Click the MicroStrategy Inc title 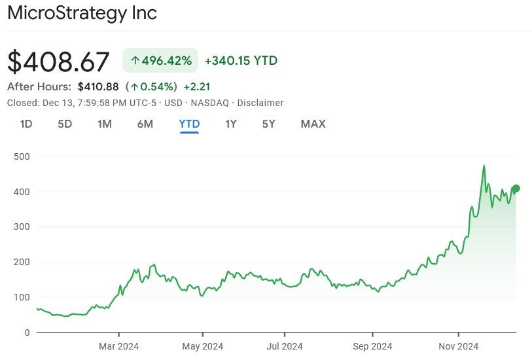point(82,12)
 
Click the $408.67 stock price point(58,62)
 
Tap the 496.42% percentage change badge point(161,61)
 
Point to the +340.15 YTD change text point(241,61)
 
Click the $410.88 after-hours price point(98,86)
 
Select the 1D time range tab point(26,124)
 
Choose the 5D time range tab point(65,124)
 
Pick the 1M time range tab point(105,124)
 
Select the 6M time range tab point(145,124)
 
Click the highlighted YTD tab point(189,124)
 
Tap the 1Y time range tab point(231,124)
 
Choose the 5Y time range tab point(268,124)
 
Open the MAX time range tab point(313,124)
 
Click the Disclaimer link point(260,103)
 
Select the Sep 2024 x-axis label point(372,346)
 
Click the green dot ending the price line point(516,189)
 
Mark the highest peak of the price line point(484,166)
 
